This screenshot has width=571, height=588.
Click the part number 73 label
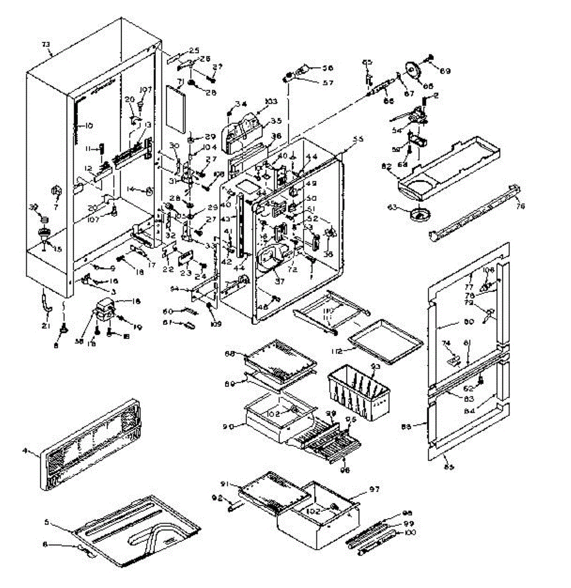point(46,45)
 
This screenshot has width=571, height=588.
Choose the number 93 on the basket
point(376,367)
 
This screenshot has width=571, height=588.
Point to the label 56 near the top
point(327,68)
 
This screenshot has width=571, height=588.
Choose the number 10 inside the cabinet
point(88,125)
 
